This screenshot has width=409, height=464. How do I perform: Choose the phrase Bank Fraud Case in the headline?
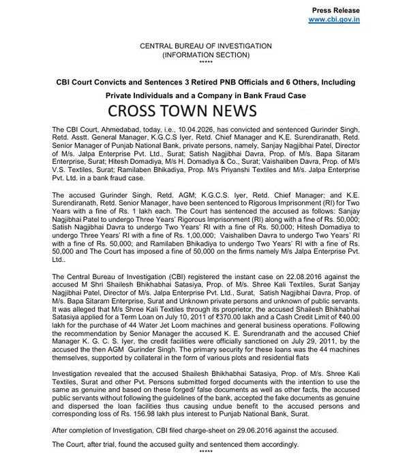click(275, 94)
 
